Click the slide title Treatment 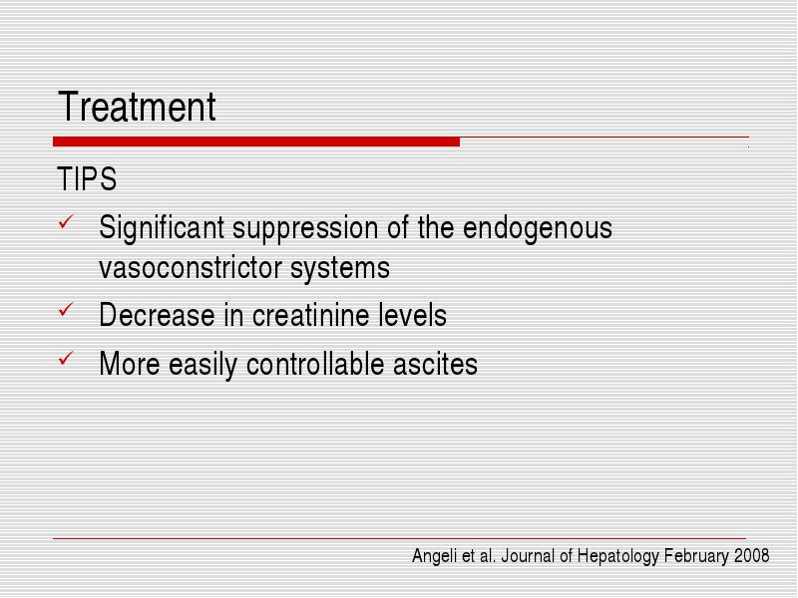(137, 107)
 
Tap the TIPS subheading (87, 179)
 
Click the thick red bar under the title (256, 142)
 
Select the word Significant (162, 228)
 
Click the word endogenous (538, 229)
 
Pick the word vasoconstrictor (191, 268)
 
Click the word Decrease (157, 315)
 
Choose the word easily (203, 365)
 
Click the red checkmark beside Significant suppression (66, 221)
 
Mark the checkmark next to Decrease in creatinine (66, 309)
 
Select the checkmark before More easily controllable (66, 358)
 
